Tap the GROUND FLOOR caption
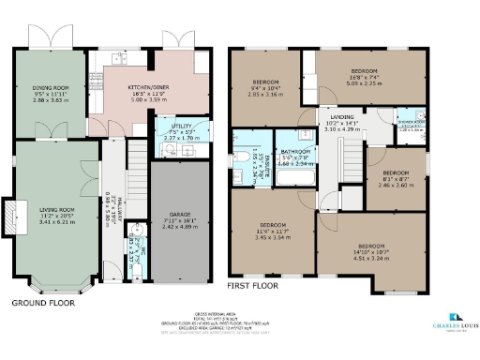[x=43, y=304]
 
